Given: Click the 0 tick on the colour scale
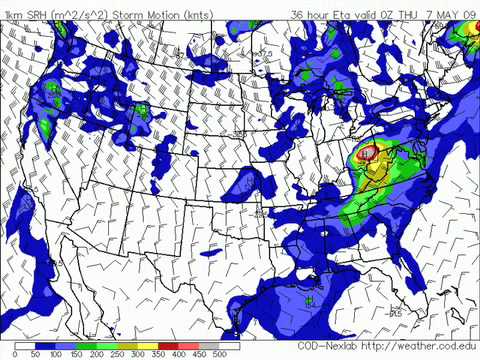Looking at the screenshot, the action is [15, 354].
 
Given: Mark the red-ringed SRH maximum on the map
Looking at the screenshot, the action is [368, 153].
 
